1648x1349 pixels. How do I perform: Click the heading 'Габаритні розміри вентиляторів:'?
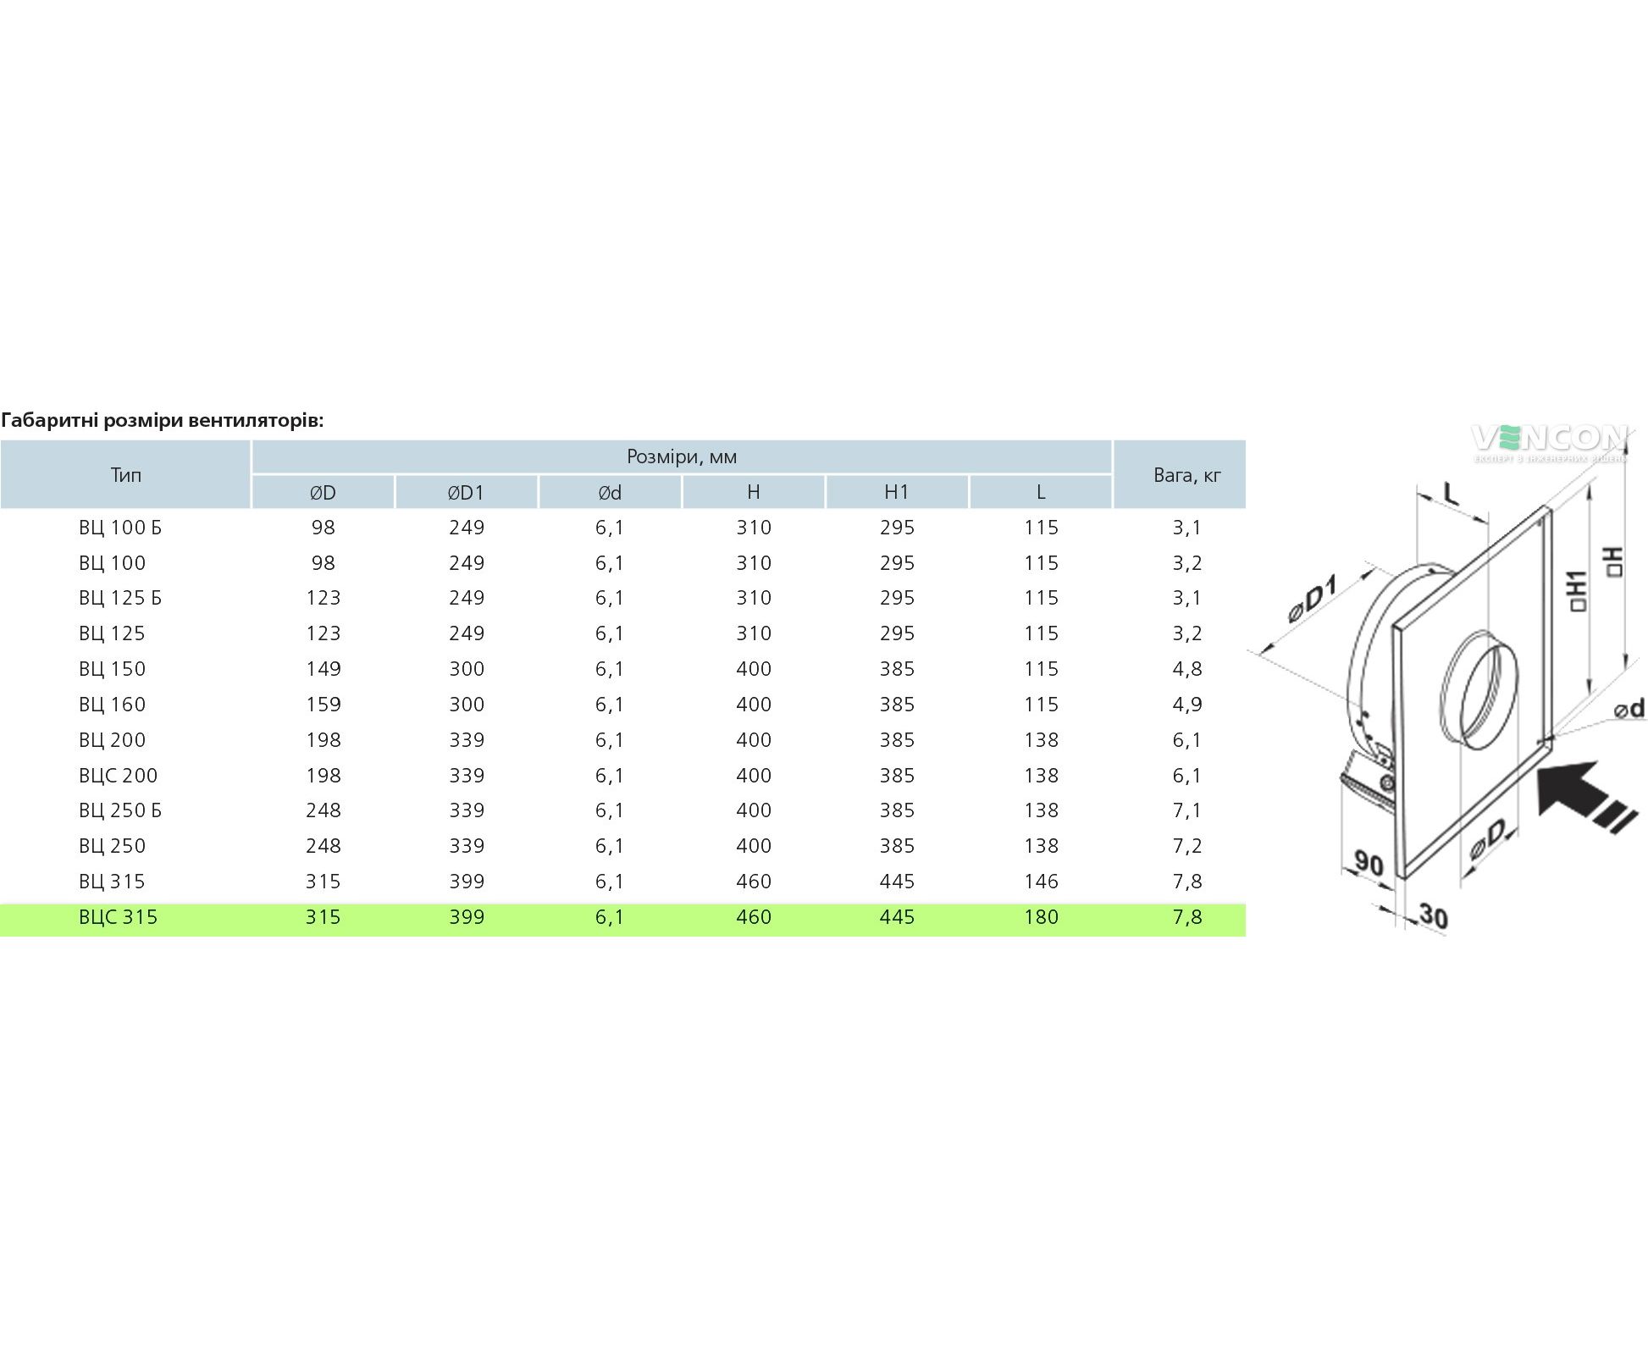coord(163,420)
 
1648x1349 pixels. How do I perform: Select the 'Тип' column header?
coord(125,474)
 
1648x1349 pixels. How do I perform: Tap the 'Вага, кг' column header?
coord(1187,475)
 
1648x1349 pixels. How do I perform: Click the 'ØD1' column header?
coord(466,492)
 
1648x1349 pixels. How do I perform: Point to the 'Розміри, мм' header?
coord(682,456)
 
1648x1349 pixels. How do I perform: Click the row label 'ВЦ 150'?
coord(113,669)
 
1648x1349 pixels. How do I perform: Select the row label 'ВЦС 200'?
coord(119,775)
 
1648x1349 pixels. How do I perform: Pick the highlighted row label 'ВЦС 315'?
coord(119,917)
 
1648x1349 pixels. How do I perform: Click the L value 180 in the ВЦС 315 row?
coord(1041,917)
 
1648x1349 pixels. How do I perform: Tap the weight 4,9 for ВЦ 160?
coord(1187,705)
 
